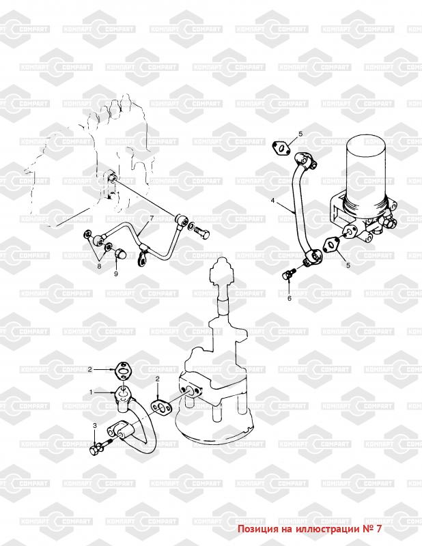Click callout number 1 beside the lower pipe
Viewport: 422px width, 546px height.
(91, 392)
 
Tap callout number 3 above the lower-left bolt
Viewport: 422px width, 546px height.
(94, 425)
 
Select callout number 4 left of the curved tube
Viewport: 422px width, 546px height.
(273, 200)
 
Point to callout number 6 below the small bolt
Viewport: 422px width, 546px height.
(290, 298)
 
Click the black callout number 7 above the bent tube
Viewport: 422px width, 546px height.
(152, 218)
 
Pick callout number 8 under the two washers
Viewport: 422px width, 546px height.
(99, 266)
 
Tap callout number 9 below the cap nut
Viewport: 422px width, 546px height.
(116, 274)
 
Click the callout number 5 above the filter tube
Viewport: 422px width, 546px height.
(300, 134)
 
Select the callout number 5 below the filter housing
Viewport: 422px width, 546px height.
(348, 265)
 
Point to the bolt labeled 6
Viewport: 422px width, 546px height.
(289, 274)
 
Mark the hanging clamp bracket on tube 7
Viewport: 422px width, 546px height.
(143, 257)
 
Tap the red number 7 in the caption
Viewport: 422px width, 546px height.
(379, 528)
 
